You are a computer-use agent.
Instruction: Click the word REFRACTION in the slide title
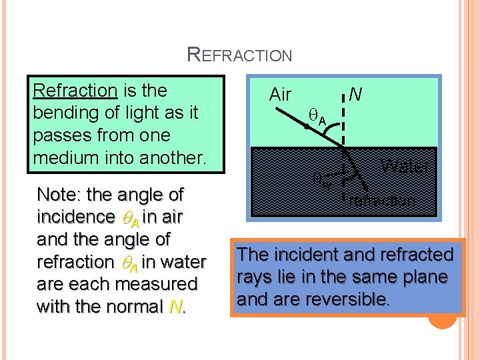click(x=240, y=54)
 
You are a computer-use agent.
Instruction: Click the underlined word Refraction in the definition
click(x=75, y=90)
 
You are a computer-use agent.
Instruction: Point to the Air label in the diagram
click(x=280, y=95)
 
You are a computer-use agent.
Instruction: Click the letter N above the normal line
click(x=356, y=95)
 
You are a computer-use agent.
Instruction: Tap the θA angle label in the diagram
click(x=317, y=119)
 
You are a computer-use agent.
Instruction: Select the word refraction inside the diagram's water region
click(x=382, y=199)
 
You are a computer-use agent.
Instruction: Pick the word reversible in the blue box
click(x=353, y=299)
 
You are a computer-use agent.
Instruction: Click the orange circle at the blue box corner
click(x=442, y=317)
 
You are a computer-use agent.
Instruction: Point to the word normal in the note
click(x=137, y=307)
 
